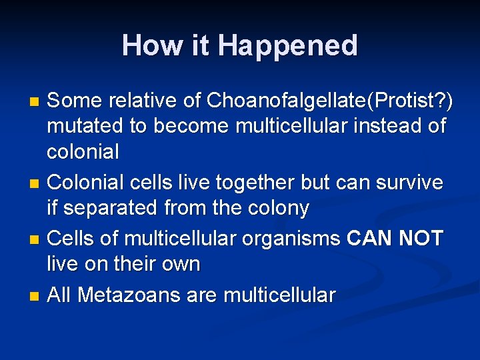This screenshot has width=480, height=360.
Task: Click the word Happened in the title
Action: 287,46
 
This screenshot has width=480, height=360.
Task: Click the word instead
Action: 377,126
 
